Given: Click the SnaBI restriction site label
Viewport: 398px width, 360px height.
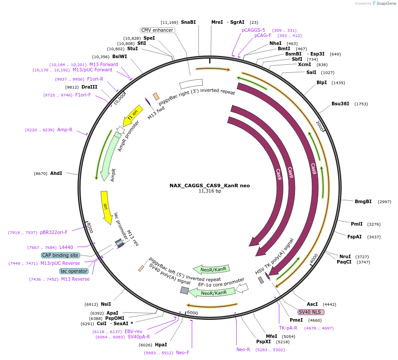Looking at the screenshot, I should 188,22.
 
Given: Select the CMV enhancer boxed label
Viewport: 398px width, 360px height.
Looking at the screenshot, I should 158,30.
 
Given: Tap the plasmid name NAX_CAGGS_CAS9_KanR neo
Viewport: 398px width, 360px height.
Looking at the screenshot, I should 210,186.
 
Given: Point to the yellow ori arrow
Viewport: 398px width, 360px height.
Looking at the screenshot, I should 106,207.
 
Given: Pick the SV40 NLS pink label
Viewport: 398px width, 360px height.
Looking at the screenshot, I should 311,312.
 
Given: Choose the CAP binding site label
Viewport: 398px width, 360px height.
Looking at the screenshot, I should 60,255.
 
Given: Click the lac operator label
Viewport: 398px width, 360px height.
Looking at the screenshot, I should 74,271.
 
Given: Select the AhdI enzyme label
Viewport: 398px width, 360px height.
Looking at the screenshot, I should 56,174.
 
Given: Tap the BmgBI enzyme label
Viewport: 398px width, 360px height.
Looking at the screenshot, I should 363,201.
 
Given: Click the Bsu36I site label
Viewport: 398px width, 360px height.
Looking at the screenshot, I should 340,104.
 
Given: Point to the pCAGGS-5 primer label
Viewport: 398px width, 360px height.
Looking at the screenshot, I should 254,30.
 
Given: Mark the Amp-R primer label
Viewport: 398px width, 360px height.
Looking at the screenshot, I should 65,130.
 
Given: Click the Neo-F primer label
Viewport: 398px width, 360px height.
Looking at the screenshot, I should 183,353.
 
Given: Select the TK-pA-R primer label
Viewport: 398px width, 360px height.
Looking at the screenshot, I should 288,328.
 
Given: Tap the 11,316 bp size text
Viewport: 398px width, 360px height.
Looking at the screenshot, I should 210,191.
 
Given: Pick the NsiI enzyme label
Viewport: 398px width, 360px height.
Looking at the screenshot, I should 106,304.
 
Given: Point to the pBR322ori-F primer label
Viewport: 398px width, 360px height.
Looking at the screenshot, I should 54,232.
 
